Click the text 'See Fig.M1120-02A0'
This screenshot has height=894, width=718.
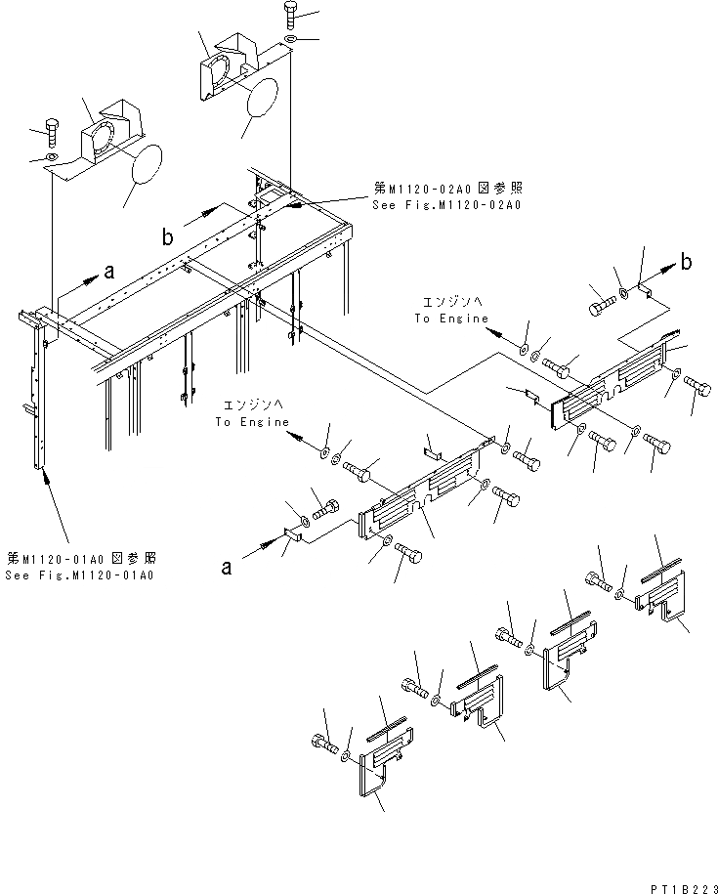[x=446, y=205]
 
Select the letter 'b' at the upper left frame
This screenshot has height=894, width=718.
[x=169, y=236]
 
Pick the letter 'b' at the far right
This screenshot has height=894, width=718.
[x=688, y=262]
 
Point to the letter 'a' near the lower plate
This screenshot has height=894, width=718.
[x=226, y=565]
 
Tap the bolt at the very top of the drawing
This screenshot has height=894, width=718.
[x=293, y=15]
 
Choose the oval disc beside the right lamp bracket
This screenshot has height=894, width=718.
[x=261, y=96]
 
